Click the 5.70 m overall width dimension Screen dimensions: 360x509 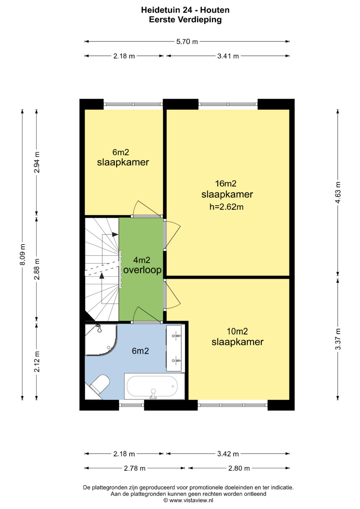tap(187, 42)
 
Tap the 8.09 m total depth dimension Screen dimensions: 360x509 tap(23, 254)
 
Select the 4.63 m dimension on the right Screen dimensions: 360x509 tap(338, 193)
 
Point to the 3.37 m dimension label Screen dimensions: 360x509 tap(338, 339)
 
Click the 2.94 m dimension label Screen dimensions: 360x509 tap(37, 162)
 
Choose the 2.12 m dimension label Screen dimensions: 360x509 tap(37, 362)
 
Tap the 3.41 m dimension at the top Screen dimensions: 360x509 tap(228, 56)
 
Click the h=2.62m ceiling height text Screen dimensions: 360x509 tap(226, 207)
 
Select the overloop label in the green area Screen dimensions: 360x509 tap(142, 270)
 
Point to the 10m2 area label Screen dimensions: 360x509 tap(237, 331)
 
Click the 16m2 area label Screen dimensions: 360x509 tap(226, 183)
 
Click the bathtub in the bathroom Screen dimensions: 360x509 tap(154, 386)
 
